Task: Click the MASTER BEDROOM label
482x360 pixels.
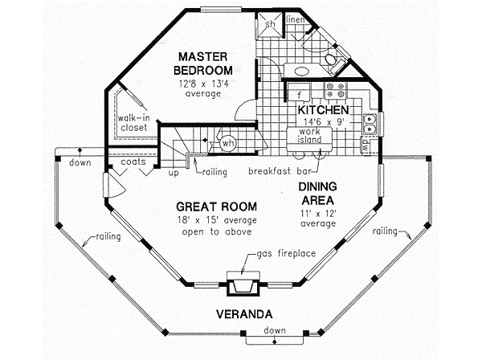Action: pyautogui.click(x=203, y=63)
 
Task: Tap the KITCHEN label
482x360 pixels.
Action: pyautogui.click(x=324, y=110)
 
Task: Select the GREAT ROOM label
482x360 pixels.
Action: pyautogui.click(x=216, y=207)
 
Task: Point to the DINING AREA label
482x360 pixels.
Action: pyautogui.click(x=318, y=194)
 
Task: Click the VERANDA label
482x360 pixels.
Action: pyautogui.click(x=244, y=314)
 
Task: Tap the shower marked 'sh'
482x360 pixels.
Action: pyautogui.click(x=270, y=25)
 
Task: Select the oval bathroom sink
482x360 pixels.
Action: pyautogui.click(x=301, y=72)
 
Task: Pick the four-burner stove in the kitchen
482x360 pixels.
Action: pyautogui.click(x=335, y=90)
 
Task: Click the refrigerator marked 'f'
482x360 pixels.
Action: pyautogui.click(x=300, y=92)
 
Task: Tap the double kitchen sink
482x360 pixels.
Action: pyautogui.click(x=370, y=124)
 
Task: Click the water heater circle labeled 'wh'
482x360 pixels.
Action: pyautogui.click(x=228, y=143)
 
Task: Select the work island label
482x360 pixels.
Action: pyautogui.click(x=309, y=136)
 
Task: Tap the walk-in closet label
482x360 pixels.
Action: pyautogui.click(x=133, y=123)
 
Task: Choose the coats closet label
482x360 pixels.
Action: pyautogui.click(x=133, y=162)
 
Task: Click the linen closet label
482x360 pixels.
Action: pyautogui.click(x=296, y=19)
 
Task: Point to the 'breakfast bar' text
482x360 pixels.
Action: pyautogui.click(x=280, y=171)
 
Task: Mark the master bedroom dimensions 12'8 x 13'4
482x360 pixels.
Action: pyautogui.click(x=203, y=84)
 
